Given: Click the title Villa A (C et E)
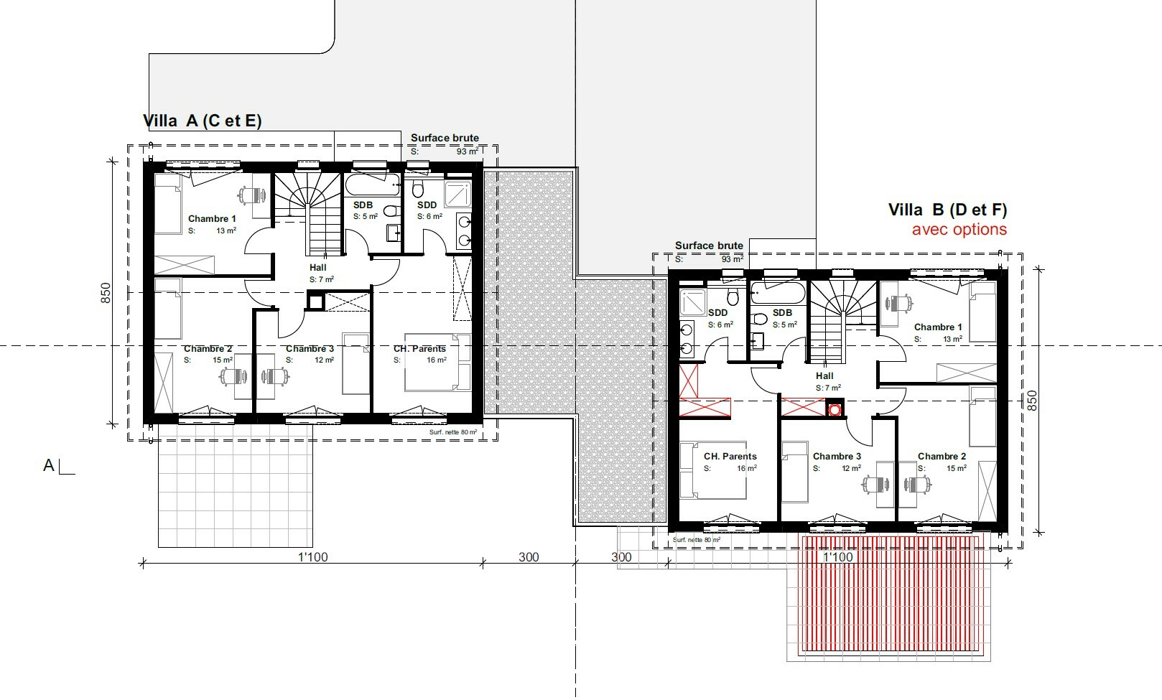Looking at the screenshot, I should (x=203, y=121).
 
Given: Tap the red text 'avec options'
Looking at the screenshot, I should (x=959, y=230).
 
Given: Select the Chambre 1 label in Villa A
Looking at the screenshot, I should (x=212, y=219).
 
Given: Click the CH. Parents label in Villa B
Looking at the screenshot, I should (x=730, y=457).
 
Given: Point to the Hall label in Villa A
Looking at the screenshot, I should (x=317, y=268).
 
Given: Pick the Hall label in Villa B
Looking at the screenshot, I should (x=824, y=376).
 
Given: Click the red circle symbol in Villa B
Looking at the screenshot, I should (x=835, y=410).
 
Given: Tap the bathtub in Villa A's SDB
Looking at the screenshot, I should (x=372, y=186).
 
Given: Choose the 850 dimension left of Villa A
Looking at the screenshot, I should (x=106, y=293).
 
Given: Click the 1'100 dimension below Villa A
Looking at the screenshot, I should (x=313, y=557).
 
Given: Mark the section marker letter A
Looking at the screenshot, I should (x=49, y=466).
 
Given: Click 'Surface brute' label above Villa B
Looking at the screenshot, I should (x=709, y=246).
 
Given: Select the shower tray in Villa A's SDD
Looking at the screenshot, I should (x=457, y=195).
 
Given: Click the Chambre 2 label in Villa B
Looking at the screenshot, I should (x=942, y=457).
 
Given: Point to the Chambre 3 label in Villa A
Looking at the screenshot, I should (x=310, y=350).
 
